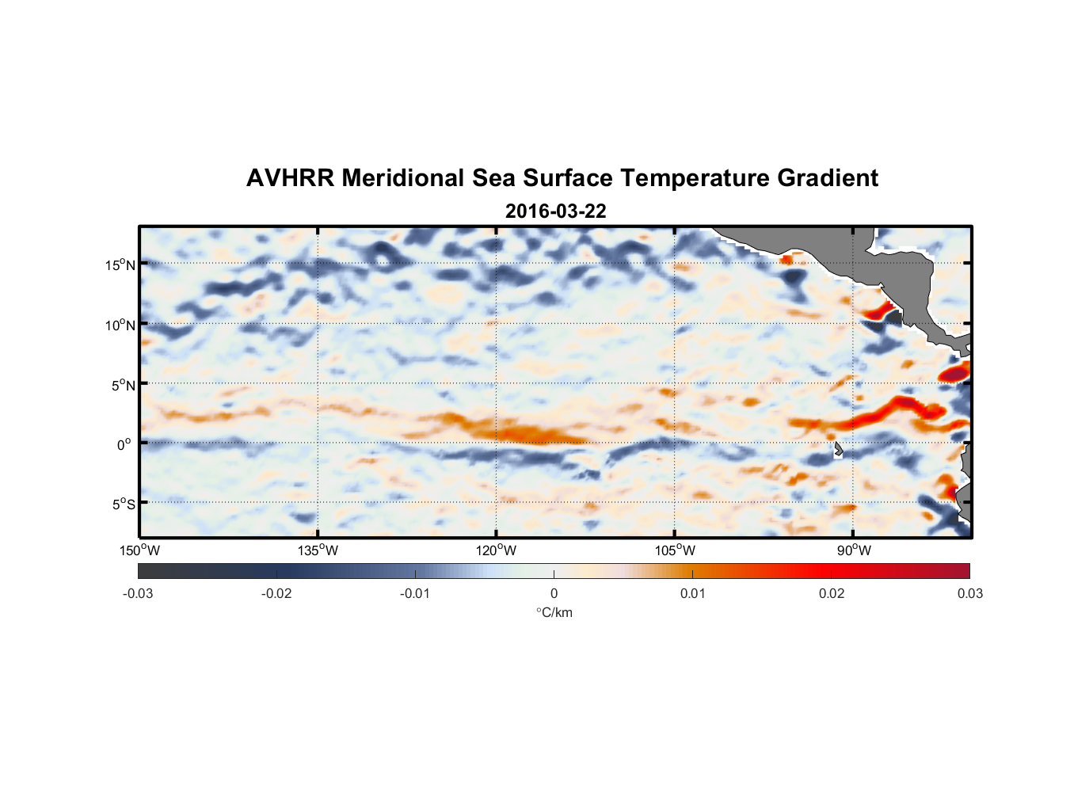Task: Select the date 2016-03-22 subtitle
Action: [555, 211]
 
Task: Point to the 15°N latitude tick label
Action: [120, 265]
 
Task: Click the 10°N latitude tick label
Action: [120, 325]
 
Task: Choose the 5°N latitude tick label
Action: [123, 385]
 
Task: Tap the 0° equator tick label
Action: [124, 444]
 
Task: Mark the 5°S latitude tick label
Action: [123, 504]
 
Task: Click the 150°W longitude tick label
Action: [140, 550]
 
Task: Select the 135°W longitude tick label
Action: [318, 550]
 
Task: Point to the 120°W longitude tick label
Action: [497, 550]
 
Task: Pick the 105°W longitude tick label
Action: [675, 550]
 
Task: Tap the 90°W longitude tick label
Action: [853, 550]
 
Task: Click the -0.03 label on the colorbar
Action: [138, 593]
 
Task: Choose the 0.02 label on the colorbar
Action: [832, 593]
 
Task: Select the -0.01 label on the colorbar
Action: [415, 593]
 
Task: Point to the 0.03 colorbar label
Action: [969, 593]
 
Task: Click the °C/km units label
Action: [554, 612]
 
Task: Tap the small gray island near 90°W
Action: [838, 450]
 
